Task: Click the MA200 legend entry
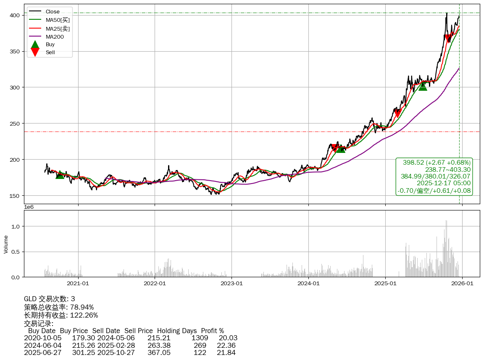pos(54,37)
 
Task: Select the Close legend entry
pos(53,11)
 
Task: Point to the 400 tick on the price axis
pos(16,15)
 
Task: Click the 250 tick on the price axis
pos(16,124)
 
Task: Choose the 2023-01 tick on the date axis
pos(232,283)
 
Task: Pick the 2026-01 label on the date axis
pos(462,283)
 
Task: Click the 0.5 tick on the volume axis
pos(16,252)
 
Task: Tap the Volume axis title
pos(6,244)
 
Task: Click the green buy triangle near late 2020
pos(60,174)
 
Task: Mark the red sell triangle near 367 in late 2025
pos(448,38)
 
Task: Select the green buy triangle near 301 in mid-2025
pos(423,86)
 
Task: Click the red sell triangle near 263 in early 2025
pos(397,114)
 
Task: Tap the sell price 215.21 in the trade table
pos(159,338)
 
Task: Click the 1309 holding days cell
pos(200,338)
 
